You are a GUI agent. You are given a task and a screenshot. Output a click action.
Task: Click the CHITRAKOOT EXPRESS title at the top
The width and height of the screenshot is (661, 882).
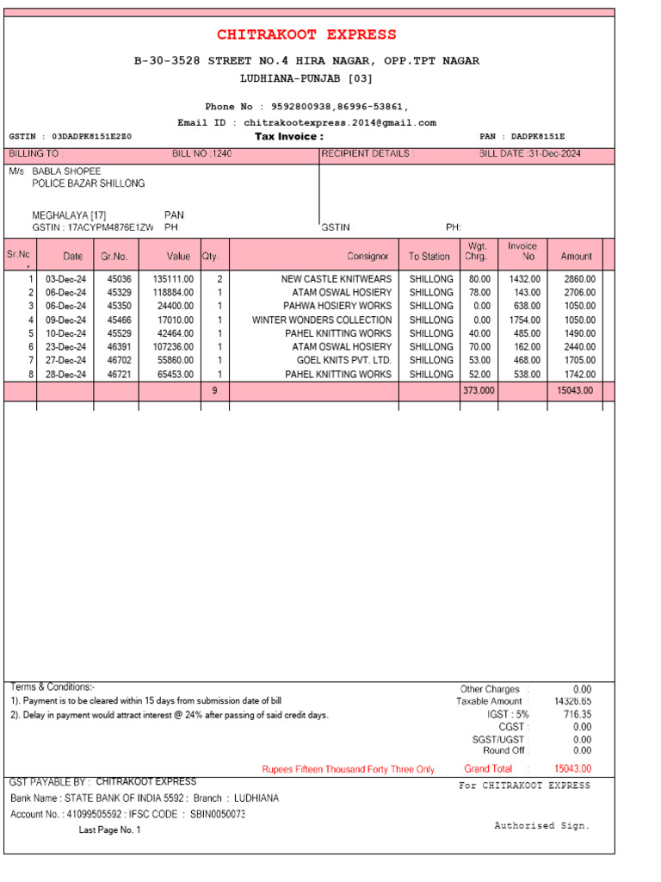[306, 34]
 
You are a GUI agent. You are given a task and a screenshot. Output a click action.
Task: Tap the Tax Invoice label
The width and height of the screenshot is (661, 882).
[289, 137]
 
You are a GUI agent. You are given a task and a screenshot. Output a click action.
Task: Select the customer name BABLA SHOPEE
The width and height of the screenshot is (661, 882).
[66, 171]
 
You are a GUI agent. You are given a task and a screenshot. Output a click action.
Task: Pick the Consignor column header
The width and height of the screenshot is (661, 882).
[368, 256]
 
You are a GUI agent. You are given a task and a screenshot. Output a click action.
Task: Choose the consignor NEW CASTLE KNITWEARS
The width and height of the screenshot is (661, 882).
[336, 279]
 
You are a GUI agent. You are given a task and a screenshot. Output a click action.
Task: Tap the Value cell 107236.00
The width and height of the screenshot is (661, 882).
[173, 347]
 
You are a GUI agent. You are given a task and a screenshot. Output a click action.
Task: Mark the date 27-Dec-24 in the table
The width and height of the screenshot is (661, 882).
[66, 361]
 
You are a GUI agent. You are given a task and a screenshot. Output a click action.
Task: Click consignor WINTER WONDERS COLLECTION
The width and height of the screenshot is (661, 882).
[322, 320]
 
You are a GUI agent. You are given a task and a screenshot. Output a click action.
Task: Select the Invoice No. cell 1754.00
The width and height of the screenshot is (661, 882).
[523, 320]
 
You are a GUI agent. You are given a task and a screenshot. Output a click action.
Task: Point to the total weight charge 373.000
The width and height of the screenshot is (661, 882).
[479, 391]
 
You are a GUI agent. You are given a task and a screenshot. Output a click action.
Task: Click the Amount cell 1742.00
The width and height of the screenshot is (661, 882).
[579, 375]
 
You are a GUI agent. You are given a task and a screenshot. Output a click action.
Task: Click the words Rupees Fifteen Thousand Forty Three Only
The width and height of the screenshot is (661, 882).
[348, 769]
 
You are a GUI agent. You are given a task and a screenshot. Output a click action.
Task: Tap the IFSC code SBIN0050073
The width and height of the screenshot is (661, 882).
[218, 814]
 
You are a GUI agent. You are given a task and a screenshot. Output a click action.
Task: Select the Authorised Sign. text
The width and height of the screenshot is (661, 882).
[541, 825]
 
